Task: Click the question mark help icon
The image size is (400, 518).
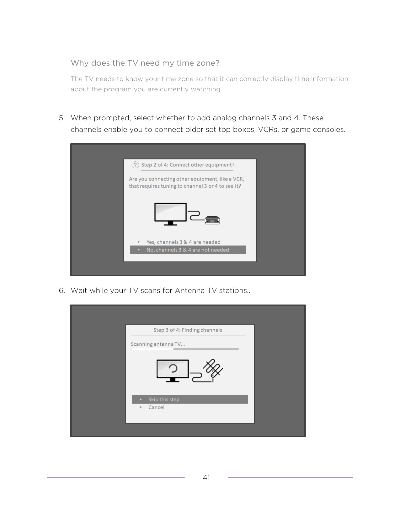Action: (135, 165)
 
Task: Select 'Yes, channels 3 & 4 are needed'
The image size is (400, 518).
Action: (183, 242)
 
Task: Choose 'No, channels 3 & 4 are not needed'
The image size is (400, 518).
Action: (188, 250)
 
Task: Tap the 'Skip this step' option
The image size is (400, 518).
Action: (190, 399)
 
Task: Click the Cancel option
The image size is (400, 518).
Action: (156, 407)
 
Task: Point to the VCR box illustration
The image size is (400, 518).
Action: (212, 220)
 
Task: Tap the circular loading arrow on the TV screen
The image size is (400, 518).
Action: (173, 369)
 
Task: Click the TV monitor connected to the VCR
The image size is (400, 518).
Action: (170, 214)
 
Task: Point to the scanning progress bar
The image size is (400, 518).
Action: (185, 349)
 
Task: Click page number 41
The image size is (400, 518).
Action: (206, 478)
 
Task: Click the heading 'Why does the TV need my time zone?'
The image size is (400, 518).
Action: (145, 63)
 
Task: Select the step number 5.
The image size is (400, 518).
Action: (62, 118)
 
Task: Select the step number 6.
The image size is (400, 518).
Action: (62, 290)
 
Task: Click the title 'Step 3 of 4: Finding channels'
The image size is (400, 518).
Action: (188, 330)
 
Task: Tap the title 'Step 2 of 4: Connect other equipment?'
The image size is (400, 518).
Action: (188, 165)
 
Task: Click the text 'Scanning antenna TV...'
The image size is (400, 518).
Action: (158, 344)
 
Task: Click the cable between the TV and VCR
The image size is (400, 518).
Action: (196, 215)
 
